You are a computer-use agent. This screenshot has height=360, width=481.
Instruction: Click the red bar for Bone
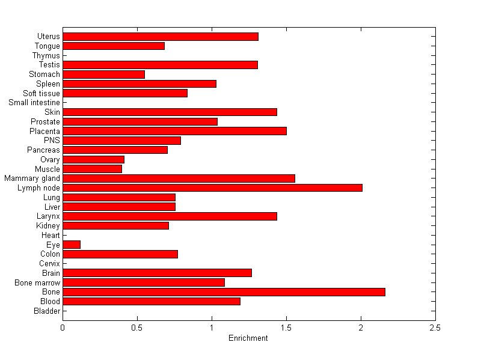point(224,292)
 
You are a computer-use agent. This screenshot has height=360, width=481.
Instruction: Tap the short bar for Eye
point(72,245)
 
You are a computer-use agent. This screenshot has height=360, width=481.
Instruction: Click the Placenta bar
point(174,131)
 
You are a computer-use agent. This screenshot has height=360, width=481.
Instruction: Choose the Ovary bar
point(93,159)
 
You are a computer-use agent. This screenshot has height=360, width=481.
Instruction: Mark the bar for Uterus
point(161,37)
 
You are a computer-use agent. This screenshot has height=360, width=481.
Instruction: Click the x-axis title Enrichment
point(248,338)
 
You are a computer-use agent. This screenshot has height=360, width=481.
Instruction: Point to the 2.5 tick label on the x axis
point(435,328)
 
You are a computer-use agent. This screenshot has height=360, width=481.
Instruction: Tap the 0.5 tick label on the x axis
point(137,328)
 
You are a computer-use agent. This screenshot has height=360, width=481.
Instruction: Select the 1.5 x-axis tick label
point(286,328)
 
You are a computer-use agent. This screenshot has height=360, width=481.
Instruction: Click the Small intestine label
point(34,103)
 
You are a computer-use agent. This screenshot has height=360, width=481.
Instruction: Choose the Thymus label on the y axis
point(46,56)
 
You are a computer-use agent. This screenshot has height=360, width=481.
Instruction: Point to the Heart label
point(51,236)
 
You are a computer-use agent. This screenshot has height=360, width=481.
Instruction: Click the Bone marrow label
point(37,282)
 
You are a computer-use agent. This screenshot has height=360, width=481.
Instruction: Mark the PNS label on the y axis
point(52,141)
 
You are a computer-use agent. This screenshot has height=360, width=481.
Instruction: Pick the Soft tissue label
point(41,93)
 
